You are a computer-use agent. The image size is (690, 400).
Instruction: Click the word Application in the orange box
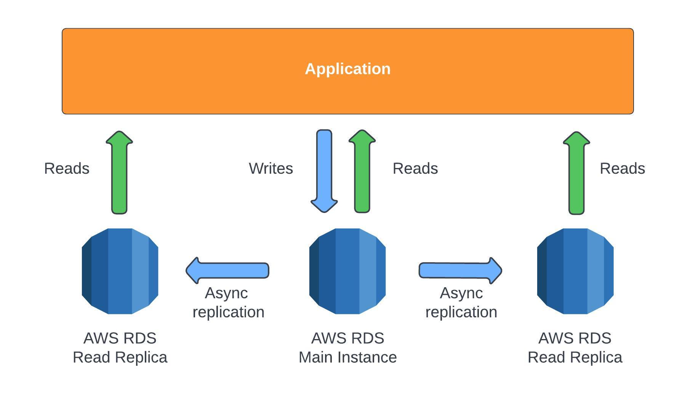point(347,69)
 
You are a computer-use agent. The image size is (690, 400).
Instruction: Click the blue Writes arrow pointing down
point(324,171)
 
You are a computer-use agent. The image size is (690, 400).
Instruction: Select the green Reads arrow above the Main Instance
point(362,171)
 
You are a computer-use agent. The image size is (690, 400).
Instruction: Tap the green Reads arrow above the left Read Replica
point(119,172)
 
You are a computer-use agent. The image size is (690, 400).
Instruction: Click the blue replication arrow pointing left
point(227,270)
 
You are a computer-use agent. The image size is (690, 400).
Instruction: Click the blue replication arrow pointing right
point(460,270)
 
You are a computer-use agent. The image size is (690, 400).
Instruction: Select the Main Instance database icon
point(347,271)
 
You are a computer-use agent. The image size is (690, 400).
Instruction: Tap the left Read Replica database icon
point(120,271)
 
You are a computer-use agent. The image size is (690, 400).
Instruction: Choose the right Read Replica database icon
point(575,271)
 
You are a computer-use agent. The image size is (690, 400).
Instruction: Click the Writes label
point(271,168)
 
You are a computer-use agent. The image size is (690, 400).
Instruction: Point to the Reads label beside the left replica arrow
point(67,168)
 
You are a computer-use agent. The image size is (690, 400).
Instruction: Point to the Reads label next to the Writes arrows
point(415,168)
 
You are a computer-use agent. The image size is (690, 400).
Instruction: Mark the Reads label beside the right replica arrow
point(623,168)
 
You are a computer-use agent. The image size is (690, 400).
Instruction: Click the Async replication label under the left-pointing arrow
point(229,302)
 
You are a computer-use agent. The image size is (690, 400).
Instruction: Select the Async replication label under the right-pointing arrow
point(461,302)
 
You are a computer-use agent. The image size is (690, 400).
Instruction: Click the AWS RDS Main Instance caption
point(347,348)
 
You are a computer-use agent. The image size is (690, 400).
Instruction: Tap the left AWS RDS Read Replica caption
point(120,348)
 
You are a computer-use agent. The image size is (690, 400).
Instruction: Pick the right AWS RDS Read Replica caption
point(575,348)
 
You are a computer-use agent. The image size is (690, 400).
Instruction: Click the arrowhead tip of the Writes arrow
point(324,212)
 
